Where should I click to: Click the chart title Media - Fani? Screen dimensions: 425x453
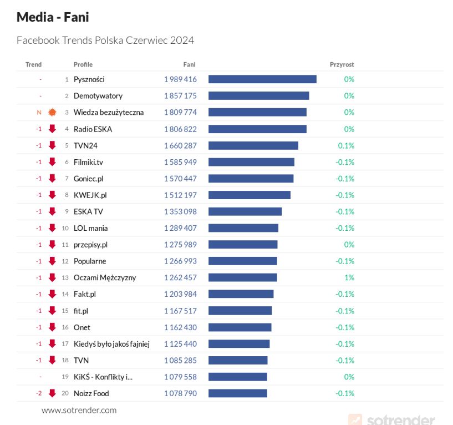53,17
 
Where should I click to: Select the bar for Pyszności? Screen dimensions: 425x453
262,79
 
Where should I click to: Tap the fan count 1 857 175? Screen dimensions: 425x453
180,96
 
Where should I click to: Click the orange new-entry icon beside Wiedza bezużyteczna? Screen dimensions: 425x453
53,112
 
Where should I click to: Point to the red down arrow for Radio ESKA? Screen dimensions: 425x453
53,129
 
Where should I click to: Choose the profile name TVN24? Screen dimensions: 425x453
85,145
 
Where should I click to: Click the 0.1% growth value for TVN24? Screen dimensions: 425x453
346,145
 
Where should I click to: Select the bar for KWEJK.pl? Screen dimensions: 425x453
250,195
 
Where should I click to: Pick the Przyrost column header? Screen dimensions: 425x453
342,64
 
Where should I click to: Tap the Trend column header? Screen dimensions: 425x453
33,64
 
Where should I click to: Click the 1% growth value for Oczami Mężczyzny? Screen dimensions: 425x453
349,277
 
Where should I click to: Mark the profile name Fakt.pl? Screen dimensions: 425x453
85,294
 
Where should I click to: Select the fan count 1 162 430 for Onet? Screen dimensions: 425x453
180,327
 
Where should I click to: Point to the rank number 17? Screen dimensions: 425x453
65,344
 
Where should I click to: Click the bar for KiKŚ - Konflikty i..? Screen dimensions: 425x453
238,377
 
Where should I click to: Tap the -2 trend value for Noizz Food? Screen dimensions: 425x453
39,393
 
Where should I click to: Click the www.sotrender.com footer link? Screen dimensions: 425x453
79,411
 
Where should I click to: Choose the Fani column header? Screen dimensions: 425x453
189,64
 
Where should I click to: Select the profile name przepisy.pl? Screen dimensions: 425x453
90,245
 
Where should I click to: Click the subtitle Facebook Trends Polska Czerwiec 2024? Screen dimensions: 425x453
105,41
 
